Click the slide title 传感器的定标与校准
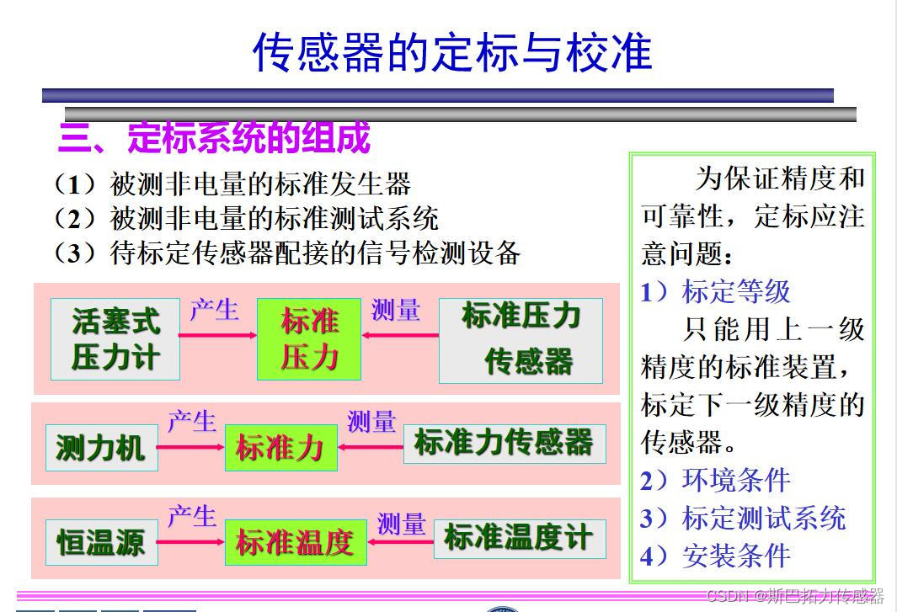452,52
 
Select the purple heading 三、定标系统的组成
215,138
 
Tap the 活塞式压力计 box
115,338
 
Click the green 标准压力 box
309,338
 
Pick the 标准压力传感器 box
521,339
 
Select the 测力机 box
100,448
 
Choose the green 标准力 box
280,448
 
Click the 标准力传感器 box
505,444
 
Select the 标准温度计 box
519,539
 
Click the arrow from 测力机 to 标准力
190,447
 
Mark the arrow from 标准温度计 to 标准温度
400,542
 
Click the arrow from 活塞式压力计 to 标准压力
218,335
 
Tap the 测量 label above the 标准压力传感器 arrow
395,311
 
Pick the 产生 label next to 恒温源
192,516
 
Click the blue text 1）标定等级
716,291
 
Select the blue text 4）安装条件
716,556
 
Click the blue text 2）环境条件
716,480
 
